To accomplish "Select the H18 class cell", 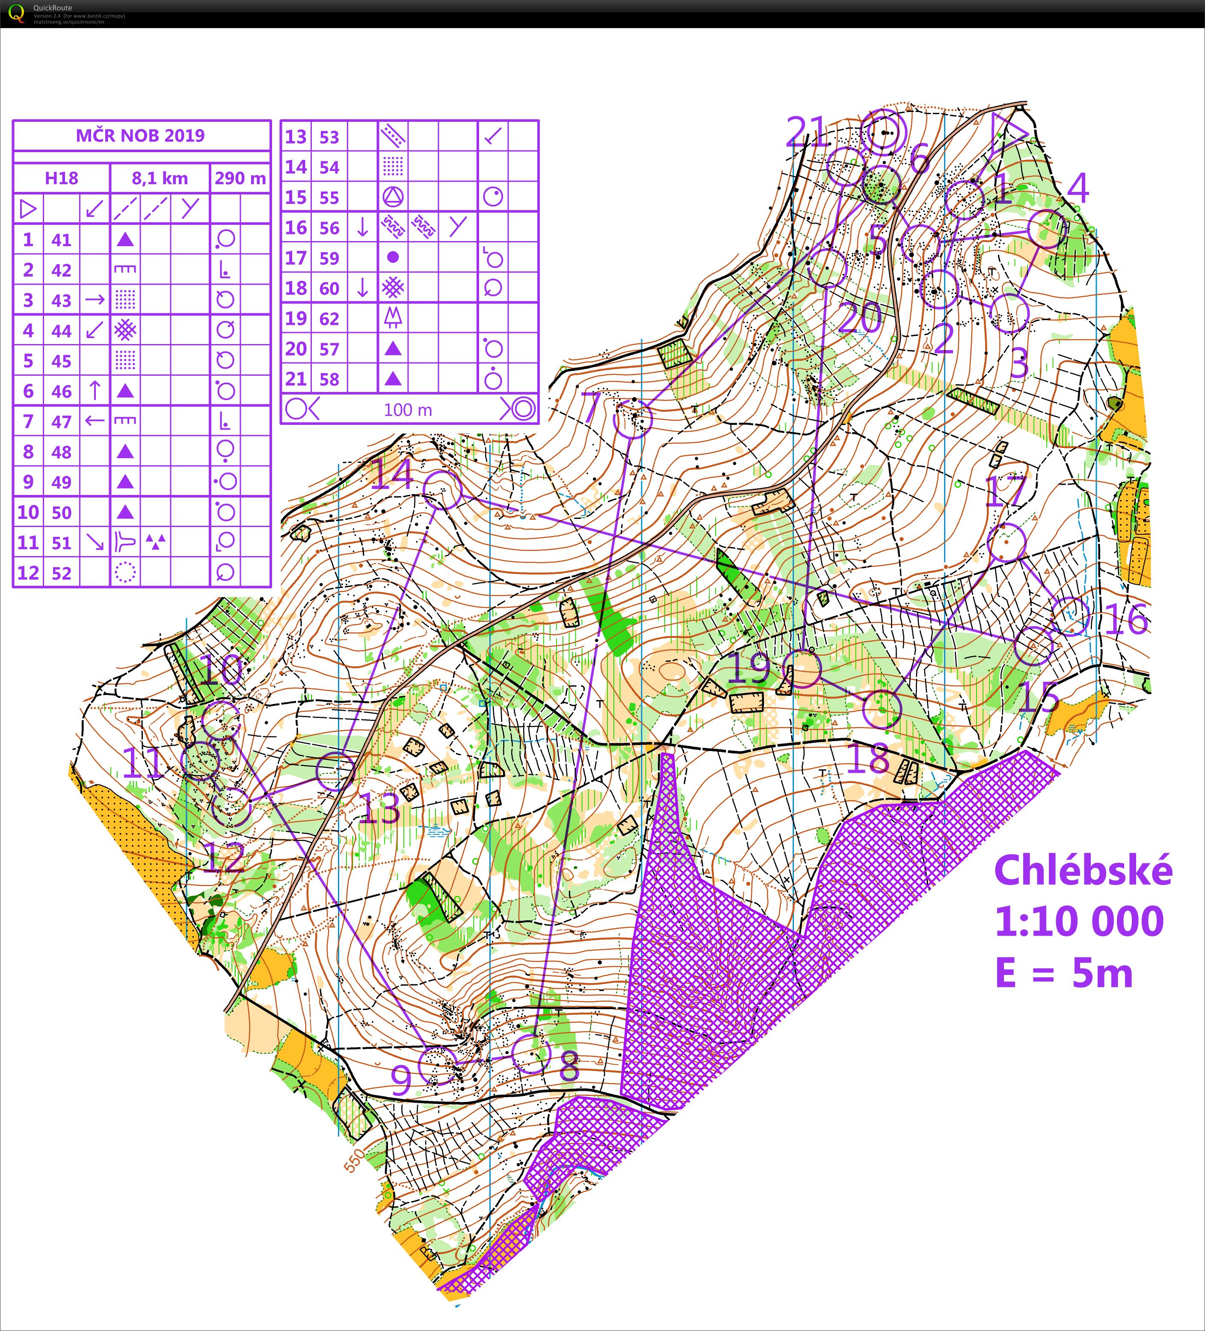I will pyautogui.click(x=62, y=178).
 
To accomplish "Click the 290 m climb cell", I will pyautogui.click(x=240, y=178).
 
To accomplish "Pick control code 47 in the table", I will pyautogui.click(x=62, y=421).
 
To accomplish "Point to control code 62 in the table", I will pyautogui.click(x=329, y=319).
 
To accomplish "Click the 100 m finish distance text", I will pyautogui.click(x=408, y=410).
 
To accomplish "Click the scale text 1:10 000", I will pyautogui.click(x=1079, y=921).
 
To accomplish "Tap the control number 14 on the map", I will pyautogui.click(x=392, y=474).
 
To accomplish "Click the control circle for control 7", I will pyautogui.click(x=632, y=418).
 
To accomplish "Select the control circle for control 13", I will pyautogui.click(x=336, y=771).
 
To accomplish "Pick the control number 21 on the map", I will pyautogui.click(x=807, y=132).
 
